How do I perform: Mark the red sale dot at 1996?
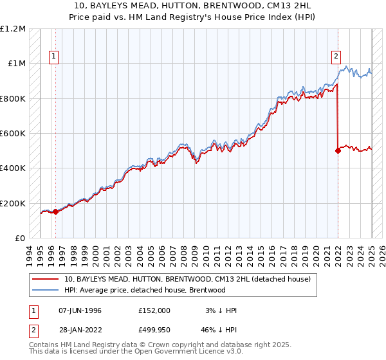click(x=55, y=212)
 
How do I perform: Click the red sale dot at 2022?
click(x=338, y=151)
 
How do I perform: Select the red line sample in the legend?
click(x=45, y=279)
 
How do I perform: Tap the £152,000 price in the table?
click(x=154, y=310)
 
